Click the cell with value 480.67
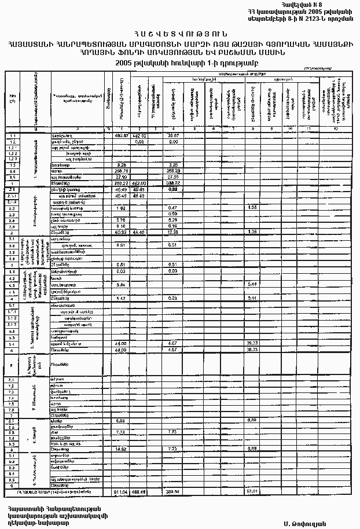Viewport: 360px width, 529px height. coord(121,135)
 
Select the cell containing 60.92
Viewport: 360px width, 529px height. coord(121,232)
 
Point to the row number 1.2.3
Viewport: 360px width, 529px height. coord(12,159)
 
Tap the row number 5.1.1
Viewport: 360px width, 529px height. coord(12,311)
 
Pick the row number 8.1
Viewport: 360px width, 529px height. coord(12,420)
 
